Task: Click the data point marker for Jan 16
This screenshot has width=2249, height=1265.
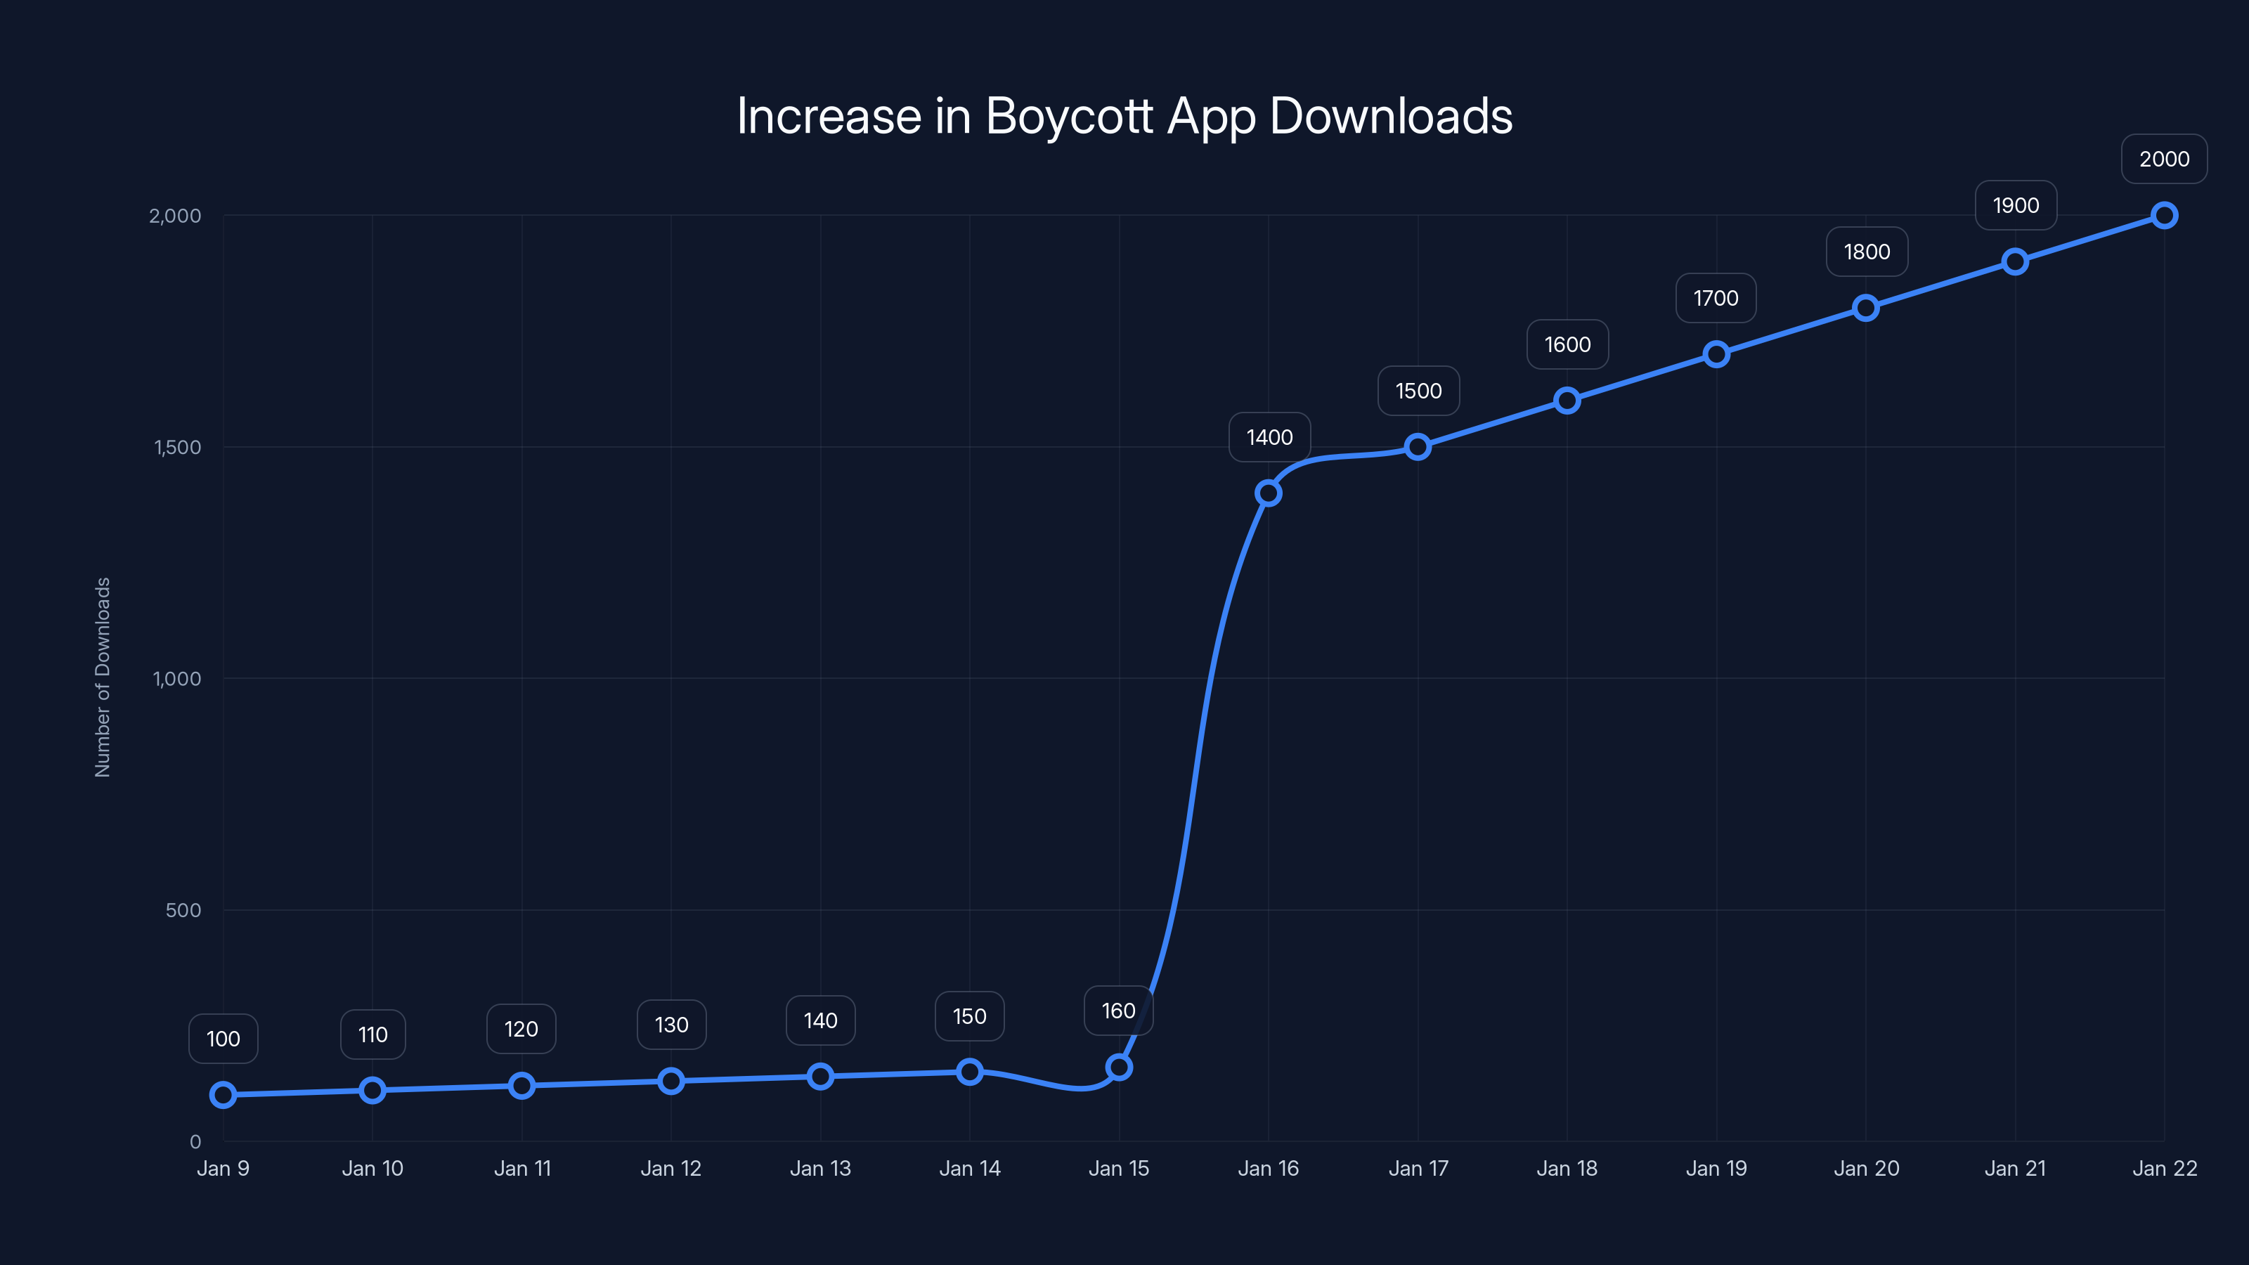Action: (x=1268, y=493)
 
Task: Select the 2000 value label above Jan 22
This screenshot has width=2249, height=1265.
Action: (x=2163, y=159)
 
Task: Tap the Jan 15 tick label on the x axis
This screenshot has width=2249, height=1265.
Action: (x=1118, y=1168)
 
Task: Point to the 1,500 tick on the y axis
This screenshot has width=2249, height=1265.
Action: (x=177, y=447)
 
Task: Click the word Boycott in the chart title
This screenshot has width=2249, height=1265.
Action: (x=1070, y=116)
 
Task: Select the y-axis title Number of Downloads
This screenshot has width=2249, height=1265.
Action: (x=102, y=677)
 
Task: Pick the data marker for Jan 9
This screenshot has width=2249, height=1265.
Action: (x=223, y=1094)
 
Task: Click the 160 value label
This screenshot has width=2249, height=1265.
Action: (x=1118, y=1011)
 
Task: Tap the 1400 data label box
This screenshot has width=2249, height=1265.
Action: (x=1269, y=437)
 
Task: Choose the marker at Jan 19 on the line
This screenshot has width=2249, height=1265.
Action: (x=1716, y=354)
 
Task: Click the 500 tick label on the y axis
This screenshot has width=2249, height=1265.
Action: (x=183, y=909)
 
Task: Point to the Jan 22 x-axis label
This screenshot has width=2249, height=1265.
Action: (x=2165, y=1168)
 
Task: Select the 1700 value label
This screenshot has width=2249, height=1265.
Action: (x=1716, y=299)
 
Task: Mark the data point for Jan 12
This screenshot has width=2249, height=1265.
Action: (x=670, y=1081)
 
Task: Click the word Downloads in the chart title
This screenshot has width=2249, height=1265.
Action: (x=1390, y=116)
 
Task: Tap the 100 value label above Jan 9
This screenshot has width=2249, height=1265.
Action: (x=223, y=1039)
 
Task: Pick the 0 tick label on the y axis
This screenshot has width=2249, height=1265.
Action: (x=195, y=1141)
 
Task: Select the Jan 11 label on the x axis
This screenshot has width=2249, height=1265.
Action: (x=522, y=1168)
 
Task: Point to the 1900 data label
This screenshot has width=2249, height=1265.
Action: (x=2015, y=206)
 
